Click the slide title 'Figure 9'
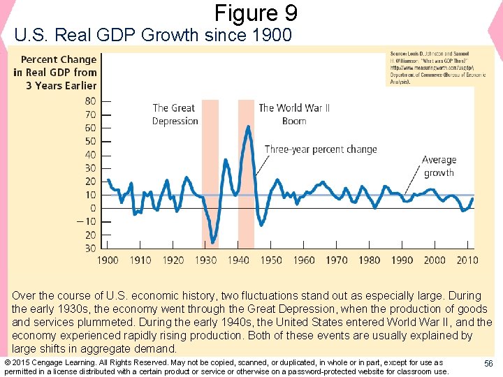click(x=256, y=13)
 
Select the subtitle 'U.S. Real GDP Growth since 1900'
click(x=153, y=34)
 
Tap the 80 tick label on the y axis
click(x=90, y=101)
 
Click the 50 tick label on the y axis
click(x=90, y=141)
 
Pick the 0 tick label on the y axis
click(x=93, y=209)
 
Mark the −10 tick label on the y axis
click(x=87, y=222)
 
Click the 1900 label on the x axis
click(x=107, y=260)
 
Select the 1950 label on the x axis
click(x=271, y=260)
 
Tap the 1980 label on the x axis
click(x=370, y=260)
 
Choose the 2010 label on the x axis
click(x=467, y=260)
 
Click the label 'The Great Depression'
click(x=175, y=114)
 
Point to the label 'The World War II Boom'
click(x=294, y=114)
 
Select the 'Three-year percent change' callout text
click(x=321, y=149)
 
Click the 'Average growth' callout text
click(x=439, y=166)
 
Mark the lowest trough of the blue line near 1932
click(x=212, y=243)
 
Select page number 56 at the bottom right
click(x=488, y=363)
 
